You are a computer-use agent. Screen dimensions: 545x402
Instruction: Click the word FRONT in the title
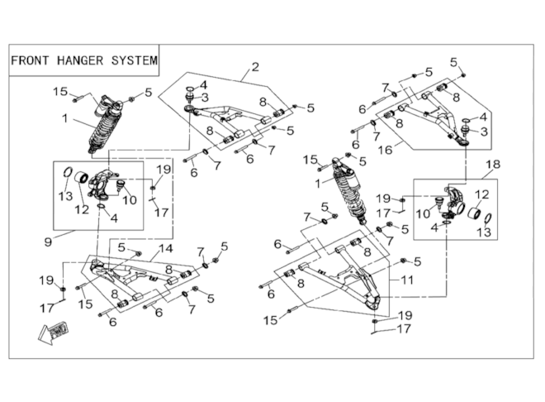pos(30,60)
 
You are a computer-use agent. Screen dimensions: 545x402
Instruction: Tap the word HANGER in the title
pos(80,60)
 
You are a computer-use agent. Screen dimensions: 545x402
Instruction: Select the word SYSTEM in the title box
pos(135,60)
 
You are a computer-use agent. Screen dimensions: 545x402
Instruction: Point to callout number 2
pos(255,67)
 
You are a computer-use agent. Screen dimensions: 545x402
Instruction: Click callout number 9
pos(49,242)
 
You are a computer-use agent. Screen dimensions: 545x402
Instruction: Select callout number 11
pos(407,280)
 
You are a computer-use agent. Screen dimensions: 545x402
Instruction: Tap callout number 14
pos(166,249)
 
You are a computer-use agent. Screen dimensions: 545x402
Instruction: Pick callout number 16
pos(385,150)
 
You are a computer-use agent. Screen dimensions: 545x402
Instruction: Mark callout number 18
pos(494,165)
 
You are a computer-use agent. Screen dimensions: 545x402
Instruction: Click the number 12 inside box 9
pos(82,209)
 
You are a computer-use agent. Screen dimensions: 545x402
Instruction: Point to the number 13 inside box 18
pos(484,232)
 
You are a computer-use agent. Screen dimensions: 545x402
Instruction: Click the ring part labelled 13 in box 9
pos(68,172)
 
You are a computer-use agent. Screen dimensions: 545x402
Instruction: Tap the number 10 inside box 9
pos(130,200)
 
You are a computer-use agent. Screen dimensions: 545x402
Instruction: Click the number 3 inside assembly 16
pos(485,132)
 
